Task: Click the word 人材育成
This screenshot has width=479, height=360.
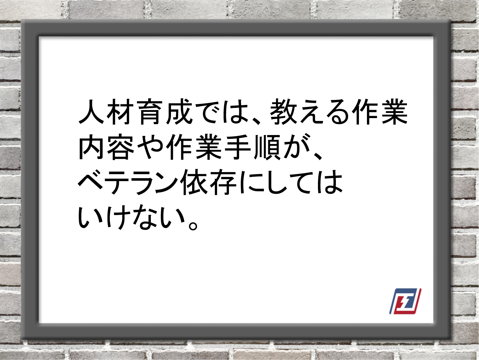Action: [x=135, y=112]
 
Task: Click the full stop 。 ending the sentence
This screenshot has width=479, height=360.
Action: [x=193, y=226]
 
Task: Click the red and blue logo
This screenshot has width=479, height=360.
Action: [x=405, y=301]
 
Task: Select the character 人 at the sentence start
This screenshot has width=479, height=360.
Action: [x=91, y=112]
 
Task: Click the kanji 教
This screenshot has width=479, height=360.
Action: [x=283, y=112]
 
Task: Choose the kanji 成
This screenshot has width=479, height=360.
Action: [x=179, y=112]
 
